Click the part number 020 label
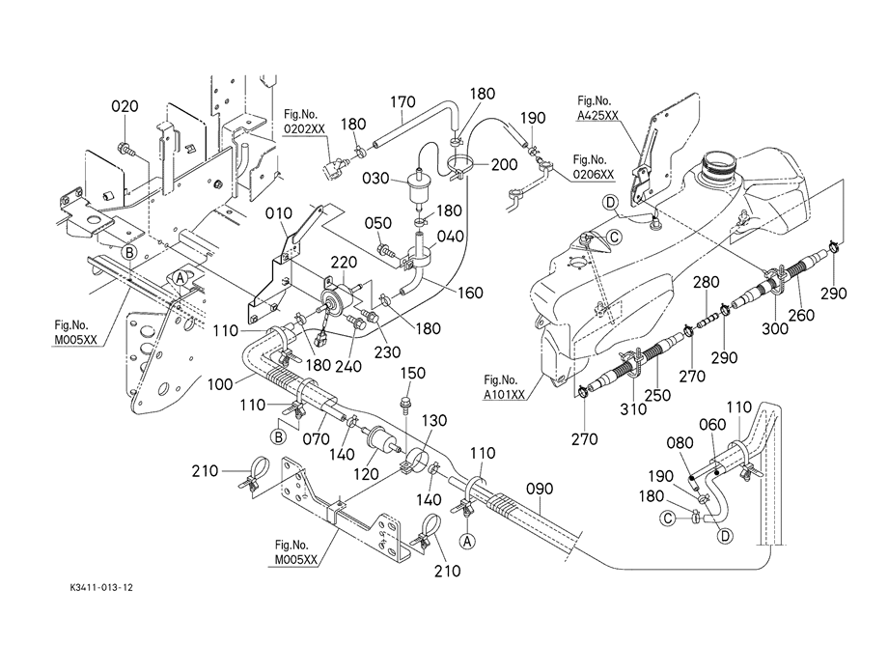(x=126, y=106)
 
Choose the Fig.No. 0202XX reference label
(x=304, y=122)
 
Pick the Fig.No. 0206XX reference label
(x=594, y=166)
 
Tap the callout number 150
(x=413, y=373)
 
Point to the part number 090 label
(x=540, y=490)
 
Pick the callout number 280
(x=708, y=282)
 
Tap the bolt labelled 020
(x=125, y=148)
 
